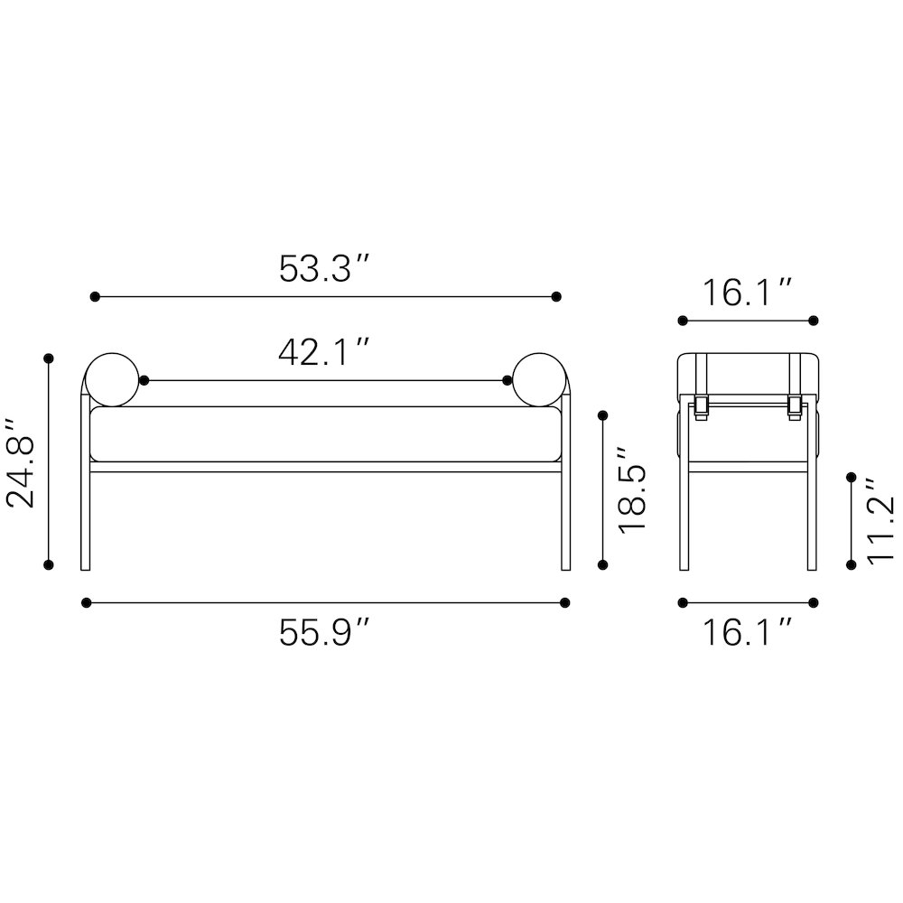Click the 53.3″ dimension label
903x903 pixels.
pyautogui.click(x=323, y=268)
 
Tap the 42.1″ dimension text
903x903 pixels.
pyautogui.click(x=323, y=352)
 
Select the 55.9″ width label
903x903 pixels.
pyautogui.click(x=323, y=632)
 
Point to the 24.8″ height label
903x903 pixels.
pyautogui.click(x=20, y=464)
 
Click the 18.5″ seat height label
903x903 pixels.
pyautogui.click(x=631, y=489)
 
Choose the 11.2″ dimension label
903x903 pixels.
pyautogui.click(x=880, y=521)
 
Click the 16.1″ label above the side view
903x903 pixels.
pyautogui.click(x=748, y=293)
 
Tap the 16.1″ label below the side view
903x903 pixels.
pyautogui.click(x=748, y=632)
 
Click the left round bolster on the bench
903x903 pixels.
pyautogui.click(x=112, y=380)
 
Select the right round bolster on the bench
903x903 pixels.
pyautogui.click(x=539, y=380)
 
